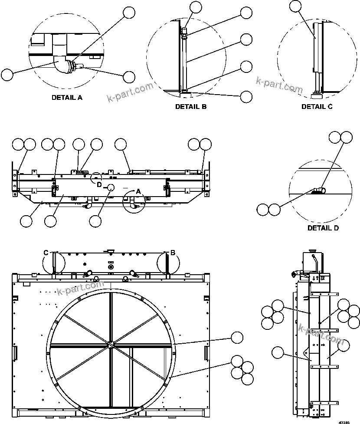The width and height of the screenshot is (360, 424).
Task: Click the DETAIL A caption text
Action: click(67, 97)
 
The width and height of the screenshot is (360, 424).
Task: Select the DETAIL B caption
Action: click(191, 106)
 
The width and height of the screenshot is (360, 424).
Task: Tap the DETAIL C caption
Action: click(317, 106)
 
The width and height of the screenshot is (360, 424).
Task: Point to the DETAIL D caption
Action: click(323, 227)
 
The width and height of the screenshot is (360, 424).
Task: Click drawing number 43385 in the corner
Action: click(344, 421)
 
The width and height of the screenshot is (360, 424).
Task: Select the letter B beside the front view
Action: click(173, 253)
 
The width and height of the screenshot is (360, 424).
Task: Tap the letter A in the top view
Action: click(139, 191)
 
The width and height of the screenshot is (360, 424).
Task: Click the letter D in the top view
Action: click(99, 185)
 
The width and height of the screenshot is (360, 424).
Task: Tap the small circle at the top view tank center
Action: click(111, 187)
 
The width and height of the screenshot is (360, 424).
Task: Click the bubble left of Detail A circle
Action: click(7, 75)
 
